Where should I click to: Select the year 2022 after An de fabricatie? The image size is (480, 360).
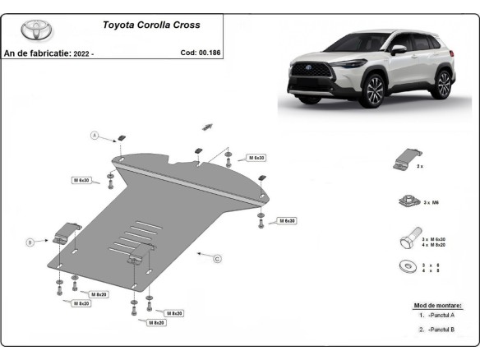click(x=80, y=53)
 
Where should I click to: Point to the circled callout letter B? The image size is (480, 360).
click(x=30, y=242)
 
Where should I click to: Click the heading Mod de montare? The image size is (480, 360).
click(x=437, y=306)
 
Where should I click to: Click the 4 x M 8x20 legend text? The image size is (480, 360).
click(x=435, y=245)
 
